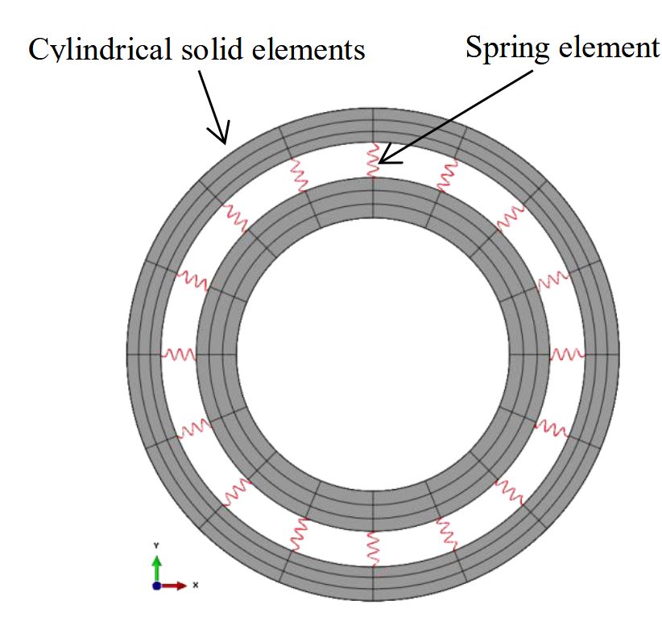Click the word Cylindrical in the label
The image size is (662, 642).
tap(100, 50)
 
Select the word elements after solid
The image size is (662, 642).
tap(308, 50)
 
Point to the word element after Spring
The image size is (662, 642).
tap(609, 47)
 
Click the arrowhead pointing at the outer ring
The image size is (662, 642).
tap(220, 133)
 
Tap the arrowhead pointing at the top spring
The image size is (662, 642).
tap(389, 157)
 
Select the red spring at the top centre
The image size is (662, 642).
tap(373, 159)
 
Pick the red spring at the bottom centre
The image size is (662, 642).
tap(373, 549)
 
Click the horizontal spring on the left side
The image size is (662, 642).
tap(179, 354)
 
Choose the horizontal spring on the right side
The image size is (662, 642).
tap(568, 354)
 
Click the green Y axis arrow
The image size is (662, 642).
tap(156, 569)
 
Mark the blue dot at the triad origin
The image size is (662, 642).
tap(156, 586)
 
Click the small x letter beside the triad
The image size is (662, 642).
tap(195, 585)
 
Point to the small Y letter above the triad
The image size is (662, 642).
tap(156, 545)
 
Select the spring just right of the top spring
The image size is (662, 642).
tap(447, 175)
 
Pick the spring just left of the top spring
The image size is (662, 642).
tap(299, 175)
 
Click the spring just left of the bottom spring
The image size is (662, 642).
tap(299, 533)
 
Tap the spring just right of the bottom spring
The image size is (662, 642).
tap(447, 533)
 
